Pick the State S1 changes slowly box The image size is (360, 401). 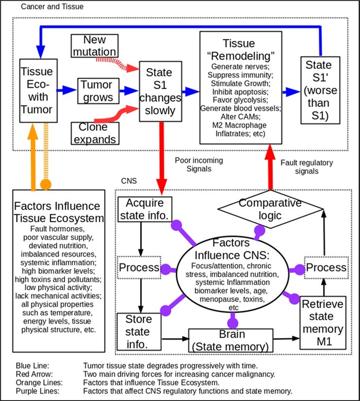tap(160, 91)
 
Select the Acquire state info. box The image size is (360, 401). tap(145, 209)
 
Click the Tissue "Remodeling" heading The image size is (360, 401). tap(241, 49)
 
